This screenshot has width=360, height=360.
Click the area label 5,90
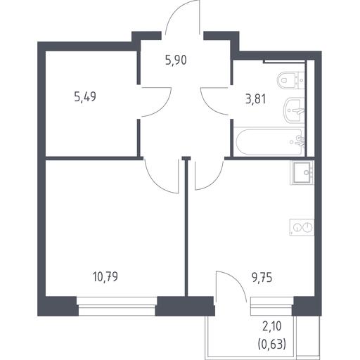[176, 60]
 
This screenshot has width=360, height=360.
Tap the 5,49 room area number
[85, 96]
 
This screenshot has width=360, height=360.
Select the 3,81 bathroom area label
[256, 99]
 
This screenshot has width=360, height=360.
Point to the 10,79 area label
[105, 276]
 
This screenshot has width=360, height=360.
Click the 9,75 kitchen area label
[262, 278]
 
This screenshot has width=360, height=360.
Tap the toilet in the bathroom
[290, 81]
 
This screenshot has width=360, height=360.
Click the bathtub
[269, 142]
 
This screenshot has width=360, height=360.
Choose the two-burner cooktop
[302, 227]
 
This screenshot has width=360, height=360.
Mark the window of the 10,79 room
[117, 306]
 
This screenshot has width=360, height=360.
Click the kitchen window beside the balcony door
[272, 306]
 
